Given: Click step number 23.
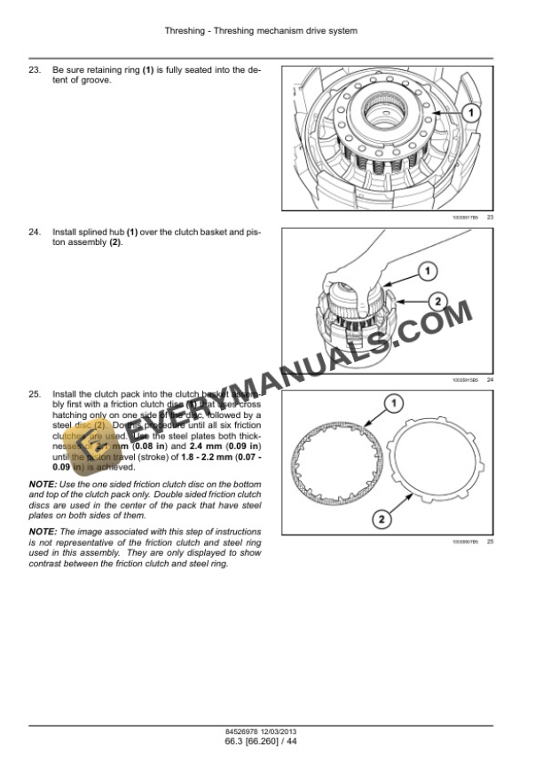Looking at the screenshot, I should [35, 70].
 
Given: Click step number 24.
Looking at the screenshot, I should [35, 233].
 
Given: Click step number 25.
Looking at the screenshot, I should [35, 393].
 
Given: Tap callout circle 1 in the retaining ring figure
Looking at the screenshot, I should [471, 113].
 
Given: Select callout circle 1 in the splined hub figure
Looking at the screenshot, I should [427, 270].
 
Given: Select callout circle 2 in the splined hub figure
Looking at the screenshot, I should [437, 301].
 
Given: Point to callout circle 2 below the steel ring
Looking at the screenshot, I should [379, 518].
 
